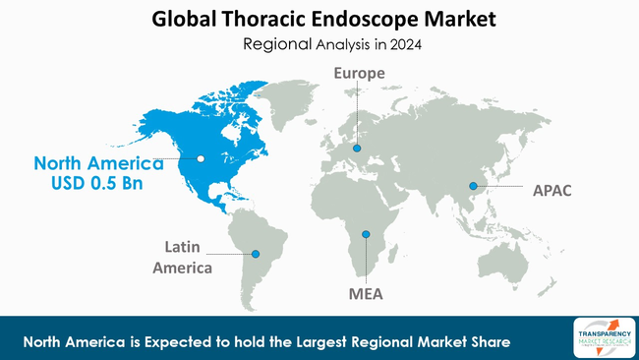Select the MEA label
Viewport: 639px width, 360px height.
tap(366, 293)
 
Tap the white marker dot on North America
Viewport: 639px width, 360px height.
tap(200, 157)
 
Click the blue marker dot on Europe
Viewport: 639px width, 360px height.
tap(357, 149)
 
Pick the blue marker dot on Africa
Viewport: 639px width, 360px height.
tap(366, 234)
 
